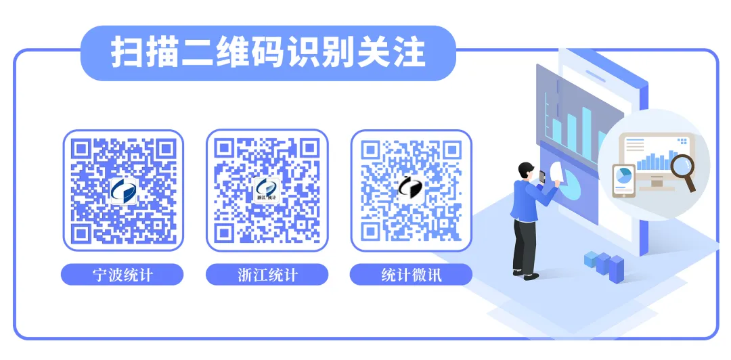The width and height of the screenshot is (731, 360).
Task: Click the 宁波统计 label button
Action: (123, 275)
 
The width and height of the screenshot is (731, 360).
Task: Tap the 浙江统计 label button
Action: (267, 275)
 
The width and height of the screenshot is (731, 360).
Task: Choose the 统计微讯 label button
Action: (411, 275)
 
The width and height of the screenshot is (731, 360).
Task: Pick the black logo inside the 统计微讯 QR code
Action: (411, 187)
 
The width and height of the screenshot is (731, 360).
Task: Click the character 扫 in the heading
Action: (127, 53)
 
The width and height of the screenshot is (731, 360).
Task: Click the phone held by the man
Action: (542, 177)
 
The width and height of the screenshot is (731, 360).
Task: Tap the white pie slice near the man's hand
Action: (556, 172)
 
